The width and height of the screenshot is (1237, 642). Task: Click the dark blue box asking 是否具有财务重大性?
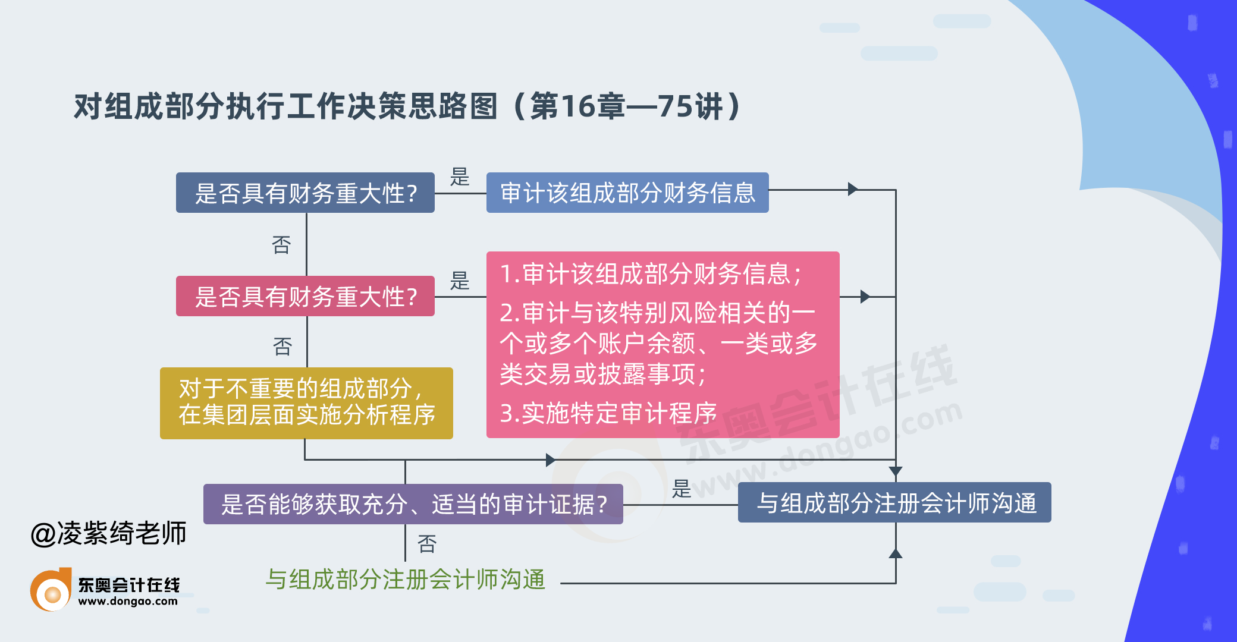click(x=305, y=193)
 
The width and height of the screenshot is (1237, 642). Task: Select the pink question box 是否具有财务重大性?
click(x=305, y=296)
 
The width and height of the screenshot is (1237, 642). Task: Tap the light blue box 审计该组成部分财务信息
click(x=627, y=193)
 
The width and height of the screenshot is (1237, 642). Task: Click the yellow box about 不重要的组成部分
click(x=306, y=403)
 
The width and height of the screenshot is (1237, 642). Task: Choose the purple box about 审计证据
click(x=413, y=504)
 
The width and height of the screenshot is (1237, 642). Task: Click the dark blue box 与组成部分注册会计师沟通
click(x=894, y=503)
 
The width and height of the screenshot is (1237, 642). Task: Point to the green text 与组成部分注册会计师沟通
click(x=405, y=579)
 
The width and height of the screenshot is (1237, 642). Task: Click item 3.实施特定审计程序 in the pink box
click(x=608, y=413)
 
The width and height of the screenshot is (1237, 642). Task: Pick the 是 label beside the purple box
click(x=682, y=489)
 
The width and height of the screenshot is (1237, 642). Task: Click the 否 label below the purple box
click(x=427, y=543)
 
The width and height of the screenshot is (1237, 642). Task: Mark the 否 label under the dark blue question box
click(x=281, y=244)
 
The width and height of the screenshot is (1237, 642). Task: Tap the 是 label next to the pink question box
click(x=460, y=280)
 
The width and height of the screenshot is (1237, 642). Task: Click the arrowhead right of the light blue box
click(x=853, y=190)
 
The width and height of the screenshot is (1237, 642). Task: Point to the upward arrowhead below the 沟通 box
click(x=895, y=553)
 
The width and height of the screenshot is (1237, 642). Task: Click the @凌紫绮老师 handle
click(x=109, y=533)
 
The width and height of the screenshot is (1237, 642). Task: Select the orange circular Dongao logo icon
click(x=51, y=591)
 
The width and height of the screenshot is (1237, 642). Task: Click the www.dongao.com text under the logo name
click(x=128, y=602)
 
